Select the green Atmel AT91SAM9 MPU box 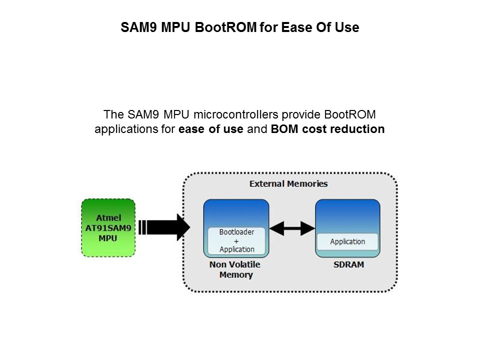pos(108,227)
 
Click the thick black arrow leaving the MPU pos(165,227)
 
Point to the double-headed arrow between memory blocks pos(292,228)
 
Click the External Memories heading pos(288,184)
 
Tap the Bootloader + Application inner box pos(236,240)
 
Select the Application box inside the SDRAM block pos(347,242)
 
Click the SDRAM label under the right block pos(348,264)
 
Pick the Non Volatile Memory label pos(235,269)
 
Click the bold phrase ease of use pos(211,129)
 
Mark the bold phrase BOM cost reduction pos(327,129)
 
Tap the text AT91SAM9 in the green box pos(108,227)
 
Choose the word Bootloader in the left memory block pos(236,232)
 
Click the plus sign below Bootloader pos(236,241)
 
